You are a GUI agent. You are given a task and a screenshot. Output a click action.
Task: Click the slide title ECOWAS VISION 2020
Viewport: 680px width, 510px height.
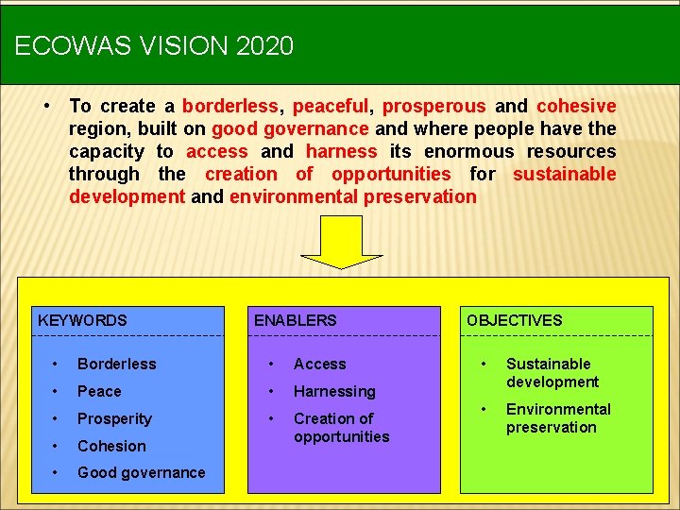click(x=154, y=45)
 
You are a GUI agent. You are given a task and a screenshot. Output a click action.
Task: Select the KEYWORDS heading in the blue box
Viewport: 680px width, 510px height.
click(x=82, y=320)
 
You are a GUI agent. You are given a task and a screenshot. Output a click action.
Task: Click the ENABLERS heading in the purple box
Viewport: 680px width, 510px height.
click(x=295, y=320)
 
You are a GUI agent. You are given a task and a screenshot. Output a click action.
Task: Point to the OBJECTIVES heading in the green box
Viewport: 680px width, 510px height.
click(x=514, y=320)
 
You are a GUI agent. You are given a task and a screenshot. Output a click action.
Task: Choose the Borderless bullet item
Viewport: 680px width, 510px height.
click(x=116, y=364)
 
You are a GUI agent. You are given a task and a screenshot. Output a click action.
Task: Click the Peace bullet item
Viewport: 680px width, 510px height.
click(x=99, y=391)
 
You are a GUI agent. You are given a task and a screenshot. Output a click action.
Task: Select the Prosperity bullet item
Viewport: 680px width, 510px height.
click(x=114, y=418)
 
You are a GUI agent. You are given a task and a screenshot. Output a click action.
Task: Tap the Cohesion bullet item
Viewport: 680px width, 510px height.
click(x=111, y=446)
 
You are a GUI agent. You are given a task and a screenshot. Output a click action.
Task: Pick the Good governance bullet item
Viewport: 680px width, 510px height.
click(x=141, y=472)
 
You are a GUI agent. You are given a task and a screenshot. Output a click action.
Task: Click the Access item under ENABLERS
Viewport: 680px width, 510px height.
click(x=319, y=364)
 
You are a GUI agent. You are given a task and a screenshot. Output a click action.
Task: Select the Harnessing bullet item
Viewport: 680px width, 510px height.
click(x=334, y=391)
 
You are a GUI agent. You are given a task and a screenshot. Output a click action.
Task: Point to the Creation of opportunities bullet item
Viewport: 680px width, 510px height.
click(x=341, y=427)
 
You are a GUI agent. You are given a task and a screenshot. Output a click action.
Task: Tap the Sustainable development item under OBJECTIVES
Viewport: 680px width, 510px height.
click(x=552, y=372)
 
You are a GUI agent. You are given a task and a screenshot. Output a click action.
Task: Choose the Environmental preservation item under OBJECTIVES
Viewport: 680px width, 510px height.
click(x=557, y=417)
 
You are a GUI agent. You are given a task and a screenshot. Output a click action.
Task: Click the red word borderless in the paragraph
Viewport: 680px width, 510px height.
click(x=229, y=106)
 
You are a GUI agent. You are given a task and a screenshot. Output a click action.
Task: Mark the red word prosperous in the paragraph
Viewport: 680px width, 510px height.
click(x=434, y=106)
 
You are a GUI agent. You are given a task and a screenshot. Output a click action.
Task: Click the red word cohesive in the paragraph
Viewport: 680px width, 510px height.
click(x=576, y=106)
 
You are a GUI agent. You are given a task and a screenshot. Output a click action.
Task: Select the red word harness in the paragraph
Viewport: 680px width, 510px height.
click(x=341, y=151)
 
